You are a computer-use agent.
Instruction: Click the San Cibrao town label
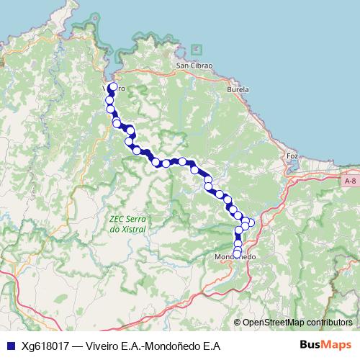pyautogui.click(x=194, y=66)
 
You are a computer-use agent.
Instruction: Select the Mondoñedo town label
pyautogui.click(x=238, y=257)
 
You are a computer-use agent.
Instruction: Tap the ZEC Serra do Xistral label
pyautogui.click(x=127, y=225)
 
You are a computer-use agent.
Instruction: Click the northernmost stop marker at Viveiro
pyautogui.click(x=113, y=88)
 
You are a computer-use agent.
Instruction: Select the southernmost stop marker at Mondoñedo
pyautogui.click(x=238, y=253)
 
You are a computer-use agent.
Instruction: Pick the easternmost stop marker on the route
pyautogui.click(x=251, y=222)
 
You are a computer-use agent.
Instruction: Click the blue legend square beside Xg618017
pyautogui.click(x=9, y=346)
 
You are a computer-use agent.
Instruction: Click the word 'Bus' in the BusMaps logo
pyautogui.click(x=310, y=346)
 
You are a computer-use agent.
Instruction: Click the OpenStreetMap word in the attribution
pyautogui.click(x=273, y=322)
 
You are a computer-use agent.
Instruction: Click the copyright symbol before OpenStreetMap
pyautogui.click(x=238, y=322)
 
